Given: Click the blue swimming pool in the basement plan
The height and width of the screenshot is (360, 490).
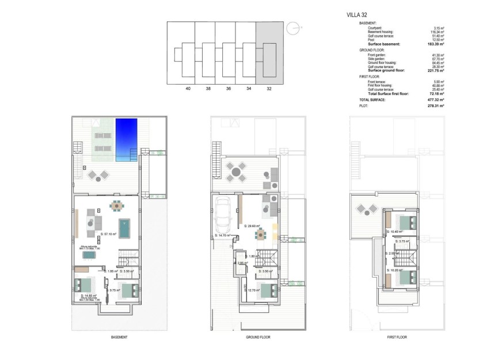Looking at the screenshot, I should coord(126,139).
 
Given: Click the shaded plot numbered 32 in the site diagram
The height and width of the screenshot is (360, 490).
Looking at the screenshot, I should coord(269,53).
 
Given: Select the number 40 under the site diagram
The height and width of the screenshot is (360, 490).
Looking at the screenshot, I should coord(188,89).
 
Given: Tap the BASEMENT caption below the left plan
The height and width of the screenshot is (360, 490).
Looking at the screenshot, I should coord(119,338).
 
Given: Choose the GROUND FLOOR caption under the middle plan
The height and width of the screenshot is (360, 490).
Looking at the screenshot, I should coord(257,338).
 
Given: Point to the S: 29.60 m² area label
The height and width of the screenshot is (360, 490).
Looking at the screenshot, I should coord(252,226).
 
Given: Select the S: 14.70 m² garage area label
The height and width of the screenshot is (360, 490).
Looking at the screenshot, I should coord(223,236).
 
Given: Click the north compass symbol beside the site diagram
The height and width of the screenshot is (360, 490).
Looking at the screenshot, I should coord(294,27).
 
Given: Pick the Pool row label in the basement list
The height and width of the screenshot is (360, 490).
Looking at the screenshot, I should coord(371,40).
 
